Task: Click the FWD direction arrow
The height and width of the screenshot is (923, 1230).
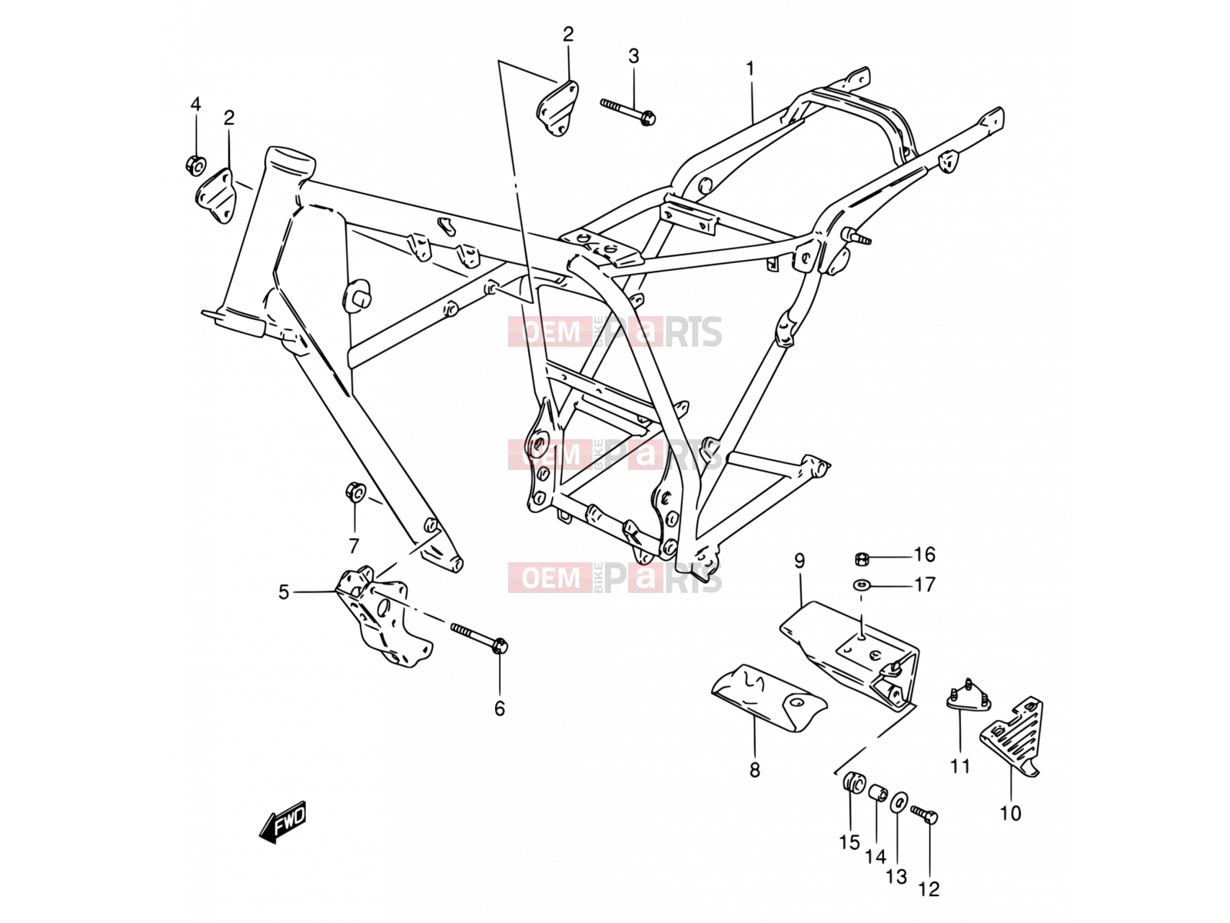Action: tap(282, 821)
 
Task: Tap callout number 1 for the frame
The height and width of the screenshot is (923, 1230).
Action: tap(750, 69)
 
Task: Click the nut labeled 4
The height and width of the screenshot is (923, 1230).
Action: tap(195, 165)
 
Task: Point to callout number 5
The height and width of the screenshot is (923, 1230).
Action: tap(284, 591)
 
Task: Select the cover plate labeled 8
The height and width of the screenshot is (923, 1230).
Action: tap(770, 697)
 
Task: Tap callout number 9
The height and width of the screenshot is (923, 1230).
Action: tap(799, 561)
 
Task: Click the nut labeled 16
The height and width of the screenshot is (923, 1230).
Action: tap(862, 558)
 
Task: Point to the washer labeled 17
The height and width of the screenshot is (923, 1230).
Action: tap(861, 585)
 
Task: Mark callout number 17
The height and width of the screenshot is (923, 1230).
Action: tap(925, 585)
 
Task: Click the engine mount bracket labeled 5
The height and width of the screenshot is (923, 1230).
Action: tap(384, 615)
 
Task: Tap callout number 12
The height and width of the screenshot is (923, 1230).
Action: tap(929, 889)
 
